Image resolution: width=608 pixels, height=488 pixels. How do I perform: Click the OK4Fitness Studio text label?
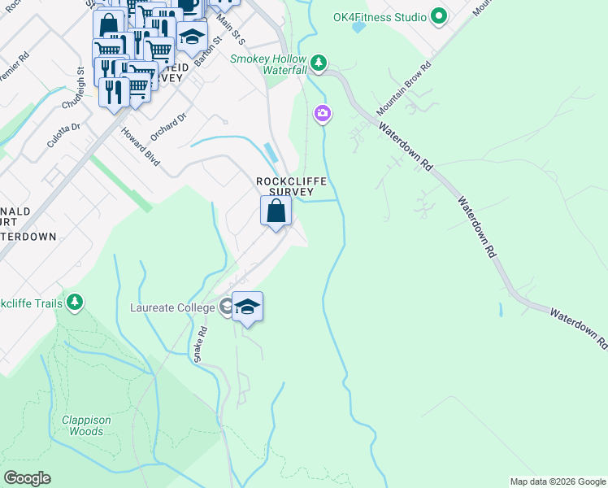click(x=380, y=16)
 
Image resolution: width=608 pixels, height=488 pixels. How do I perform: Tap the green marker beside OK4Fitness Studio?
click(x=439, y=15)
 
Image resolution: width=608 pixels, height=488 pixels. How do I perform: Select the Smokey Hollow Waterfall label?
click(x=268, y=64)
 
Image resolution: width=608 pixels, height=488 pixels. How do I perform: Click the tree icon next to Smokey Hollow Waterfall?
click(x=319, y=62)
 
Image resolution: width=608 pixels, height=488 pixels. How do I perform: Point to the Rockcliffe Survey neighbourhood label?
click(x=284, y=186)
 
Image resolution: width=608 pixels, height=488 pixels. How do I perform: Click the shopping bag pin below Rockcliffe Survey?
click(x=276, y=211)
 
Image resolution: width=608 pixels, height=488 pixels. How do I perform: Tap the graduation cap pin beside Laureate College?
click(x=248, y=307)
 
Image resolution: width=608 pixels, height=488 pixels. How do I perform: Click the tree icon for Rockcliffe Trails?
click(x=75, y=303)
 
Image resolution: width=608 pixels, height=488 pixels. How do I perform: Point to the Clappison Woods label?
click(x=86, y=425)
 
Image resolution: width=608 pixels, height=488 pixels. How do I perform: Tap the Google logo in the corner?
click(x=26, y=478)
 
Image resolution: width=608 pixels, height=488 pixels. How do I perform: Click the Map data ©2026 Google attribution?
click(x=557, y=481)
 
